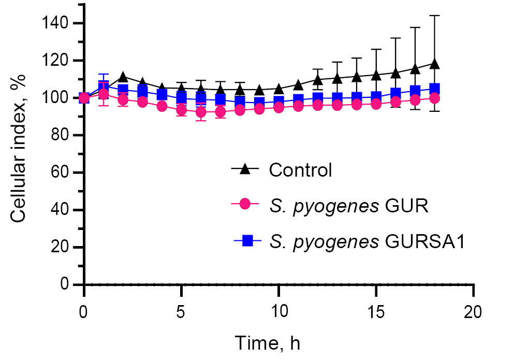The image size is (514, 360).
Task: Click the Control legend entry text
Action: coord(300,170)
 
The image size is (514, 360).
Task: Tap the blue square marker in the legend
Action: coord(247,240)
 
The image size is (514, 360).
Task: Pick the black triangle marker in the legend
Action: coord(247,169)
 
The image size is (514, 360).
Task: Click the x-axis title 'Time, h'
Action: coord(268,343)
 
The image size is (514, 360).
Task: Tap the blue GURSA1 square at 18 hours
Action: coord(435,89)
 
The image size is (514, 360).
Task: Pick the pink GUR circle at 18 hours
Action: coord(435,98)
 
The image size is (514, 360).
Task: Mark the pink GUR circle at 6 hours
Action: coord(201,112)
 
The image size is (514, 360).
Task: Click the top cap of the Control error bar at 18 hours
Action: coord(435,16)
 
